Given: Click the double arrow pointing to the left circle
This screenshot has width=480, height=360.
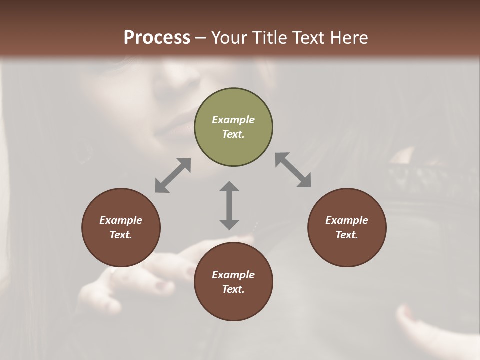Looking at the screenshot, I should click(173, 175).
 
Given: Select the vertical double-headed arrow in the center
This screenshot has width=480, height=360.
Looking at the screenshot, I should click(229, 205).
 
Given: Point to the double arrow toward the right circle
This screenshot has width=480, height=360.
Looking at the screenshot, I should click(293, 170).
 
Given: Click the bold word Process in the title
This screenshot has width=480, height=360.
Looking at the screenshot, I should click(157, 37).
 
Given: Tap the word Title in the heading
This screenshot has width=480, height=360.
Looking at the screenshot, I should click(269, 37).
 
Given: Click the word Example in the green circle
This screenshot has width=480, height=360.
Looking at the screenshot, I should click(233, 120).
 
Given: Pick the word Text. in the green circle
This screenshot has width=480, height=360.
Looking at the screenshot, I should click(233, 134).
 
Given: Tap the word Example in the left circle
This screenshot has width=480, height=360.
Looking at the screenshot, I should click(121, 220).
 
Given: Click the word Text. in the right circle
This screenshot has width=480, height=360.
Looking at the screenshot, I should click(347, 235).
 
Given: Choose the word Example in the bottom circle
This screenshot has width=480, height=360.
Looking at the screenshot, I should click(233, 275).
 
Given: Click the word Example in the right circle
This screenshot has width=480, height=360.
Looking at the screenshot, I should click(347, 220).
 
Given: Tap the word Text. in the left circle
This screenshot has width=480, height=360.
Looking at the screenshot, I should click(121, 235).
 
